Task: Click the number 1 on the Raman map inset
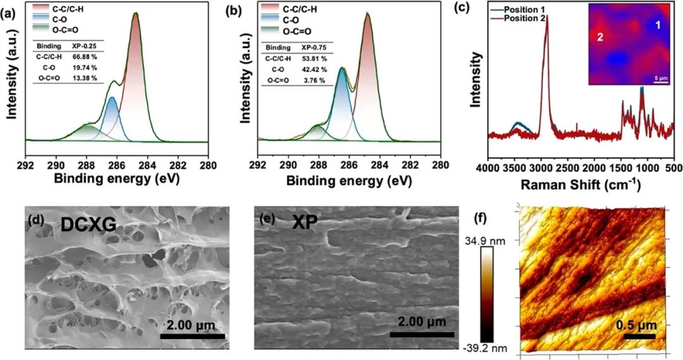click(658, 25)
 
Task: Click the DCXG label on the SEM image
click(87, 225)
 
